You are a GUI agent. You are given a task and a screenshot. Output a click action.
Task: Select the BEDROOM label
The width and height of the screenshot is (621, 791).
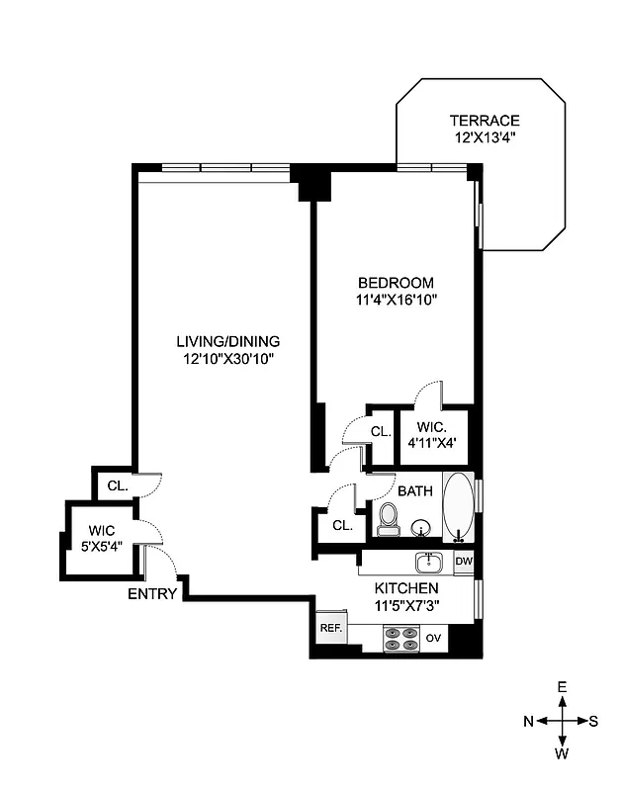click(396, 282)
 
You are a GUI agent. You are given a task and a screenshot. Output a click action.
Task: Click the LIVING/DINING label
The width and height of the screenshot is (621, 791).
click(224, 341)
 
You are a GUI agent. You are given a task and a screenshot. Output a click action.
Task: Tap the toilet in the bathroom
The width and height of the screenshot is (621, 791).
click(388, 517)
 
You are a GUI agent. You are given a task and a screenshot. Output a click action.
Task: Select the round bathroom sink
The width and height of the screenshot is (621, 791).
click(423, 528)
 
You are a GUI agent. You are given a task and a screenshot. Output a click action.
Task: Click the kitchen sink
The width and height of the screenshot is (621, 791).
click(428, 563)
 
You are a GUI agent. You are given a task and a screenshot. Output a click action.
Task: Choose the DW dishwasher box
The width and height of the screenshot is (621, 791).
click(464, 563)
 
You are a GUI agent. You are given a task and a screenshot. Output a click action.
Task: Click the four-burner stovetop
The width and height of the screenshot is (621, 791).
click(400, 639)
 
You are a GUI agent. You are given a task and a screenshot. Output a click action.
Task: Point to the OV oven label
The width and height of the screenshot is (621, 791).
click(433, 639)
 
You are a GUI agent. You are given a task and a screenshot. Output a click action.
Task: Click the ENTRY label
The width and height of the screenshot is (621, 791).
click(152, 594)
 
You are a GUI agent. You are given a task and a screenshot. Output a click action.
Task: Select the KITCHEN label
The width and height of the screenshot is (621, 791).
click(406, 587)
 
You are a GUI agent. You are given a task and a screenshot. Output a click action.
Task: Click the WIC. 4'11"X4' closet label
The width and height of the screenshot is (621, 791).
click(435, 435)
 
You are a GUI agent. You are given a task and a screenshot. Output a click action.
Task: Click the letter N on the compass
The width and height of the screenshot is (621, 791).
click(528, 721)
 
